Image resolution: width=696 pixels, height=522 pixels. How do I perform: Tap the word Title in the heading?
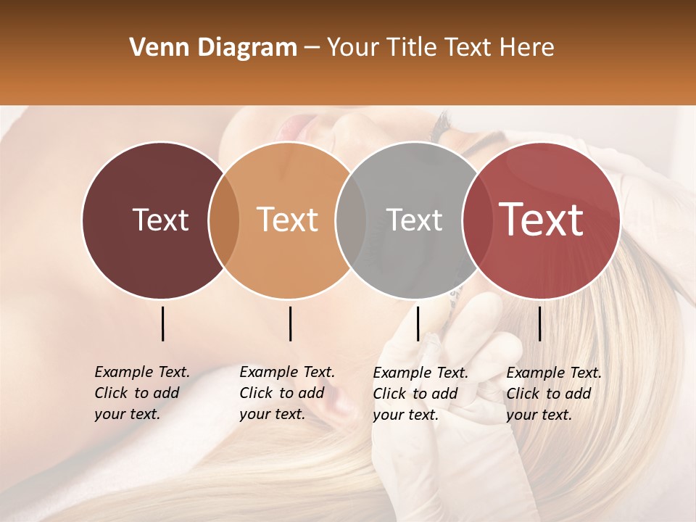click(413, 48)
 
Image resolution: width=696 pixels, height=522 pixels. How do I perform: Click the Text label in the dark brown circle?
click(160, 220)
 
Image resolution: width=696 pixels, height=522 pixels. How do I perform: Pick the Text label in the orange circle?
click(288, 220)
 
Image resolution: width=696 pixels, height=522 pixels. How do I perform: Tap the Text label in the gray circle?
click(414, 220)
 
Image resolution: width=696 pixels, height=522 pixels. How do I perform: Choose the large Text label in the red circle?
click(542, 220)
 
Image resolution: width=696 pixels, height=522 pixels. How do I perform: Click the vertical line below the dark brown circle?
click(162, 323)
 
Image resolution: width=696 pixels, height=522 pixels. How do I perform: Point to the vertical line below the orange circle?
click(290, 323)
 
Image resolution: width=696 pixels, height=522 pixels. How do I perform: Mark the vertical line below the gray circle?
click(418, 323)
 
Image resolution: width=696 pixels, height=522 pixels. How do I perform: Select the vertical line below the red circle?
click(539, 323)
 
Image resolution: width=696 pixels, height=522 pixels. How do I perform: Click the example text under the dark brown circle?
click(141, 393)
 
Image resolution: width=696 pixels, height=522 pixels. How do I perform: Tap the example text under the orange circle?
click(286, 393)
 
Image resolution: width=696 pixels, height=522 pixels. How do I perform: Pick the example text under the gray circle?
click(420, 394)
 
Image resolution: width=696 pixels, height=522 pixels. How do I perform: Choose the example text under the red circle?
click(553, 394)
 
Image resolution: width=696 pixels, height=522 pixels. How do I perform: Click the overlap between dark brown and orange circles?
click(224, 220)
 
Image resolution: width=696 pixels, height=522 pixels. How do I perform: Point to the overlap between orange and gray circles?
click(351, 220)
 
